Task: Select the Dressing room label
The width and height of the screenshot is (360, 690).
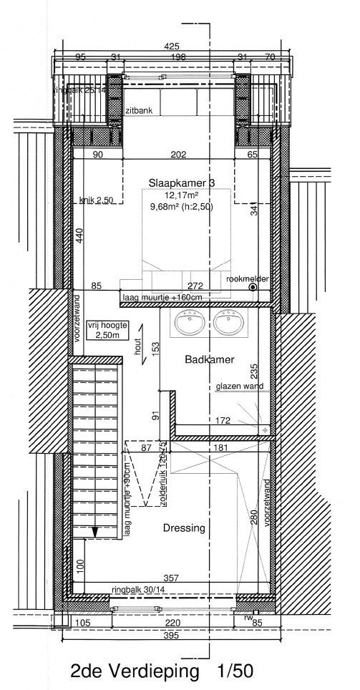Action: [x=183, y=528]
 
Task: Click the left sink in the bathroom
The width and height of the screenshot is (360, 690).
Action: [x=190, y=324]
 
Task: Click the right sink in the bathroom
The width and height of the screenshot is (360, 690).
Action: [x=230, y=324]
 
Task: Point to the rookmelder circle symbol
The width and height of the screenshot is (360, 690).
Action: [x=253, y=287]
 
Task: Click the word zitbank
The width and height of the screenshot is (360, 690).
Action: [x=138, y=112]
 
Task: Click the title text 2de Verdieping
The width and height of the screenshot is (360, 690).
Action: [x=134, y=672]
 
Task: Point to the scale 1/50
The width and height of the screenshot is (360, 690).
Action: [x=235, y=672]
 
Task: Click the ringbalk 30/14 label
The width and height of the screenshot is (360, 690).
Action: [x=138, y=589]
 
